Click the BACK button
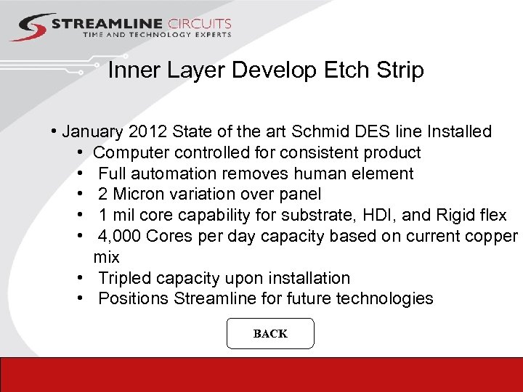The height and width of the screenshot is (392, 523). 270,334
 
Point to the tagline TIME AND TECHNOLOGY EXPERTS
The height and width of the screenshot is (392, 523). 157,35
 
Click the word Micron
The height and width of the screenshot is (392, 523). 144,195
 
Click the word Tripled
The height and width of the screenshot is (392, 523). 126,278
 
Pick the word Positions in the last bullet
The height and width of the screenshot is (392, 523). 134,299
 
